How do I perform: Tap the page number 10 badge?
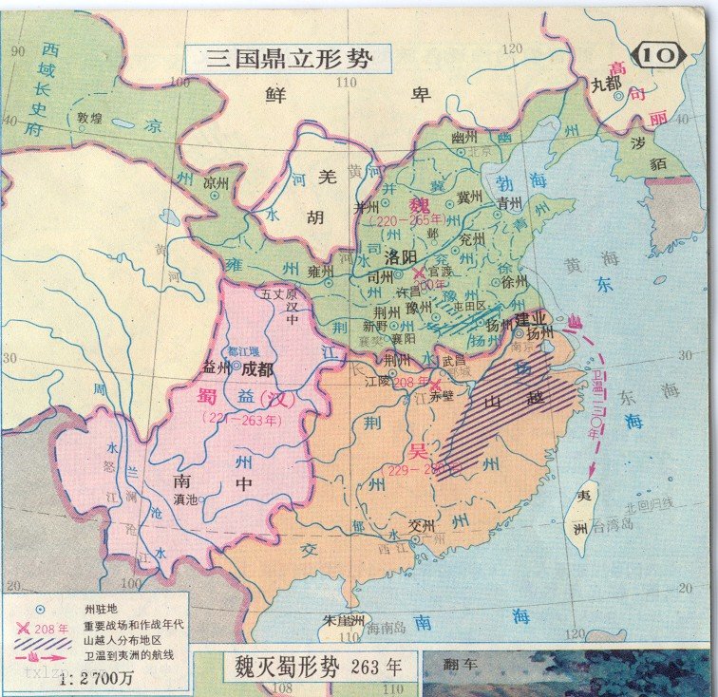(x=659, y=56)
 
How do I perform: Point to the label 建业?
(x=533, y=317)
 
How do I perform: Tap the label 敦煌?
(x=89, y=118)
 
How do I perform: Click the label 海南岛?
(x=387, y=628)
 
